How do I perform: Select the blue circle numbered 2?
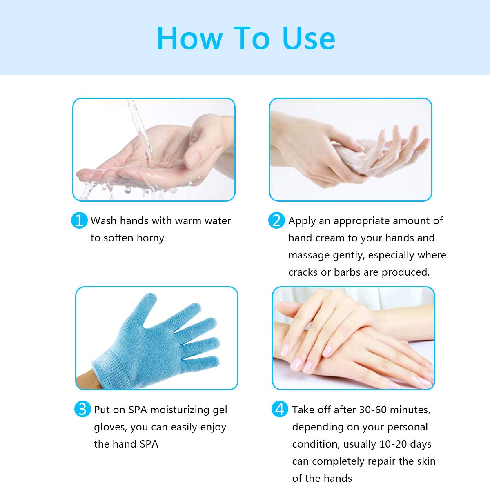point(276,220)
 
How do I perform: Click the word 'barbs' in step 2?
point(347,272)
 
